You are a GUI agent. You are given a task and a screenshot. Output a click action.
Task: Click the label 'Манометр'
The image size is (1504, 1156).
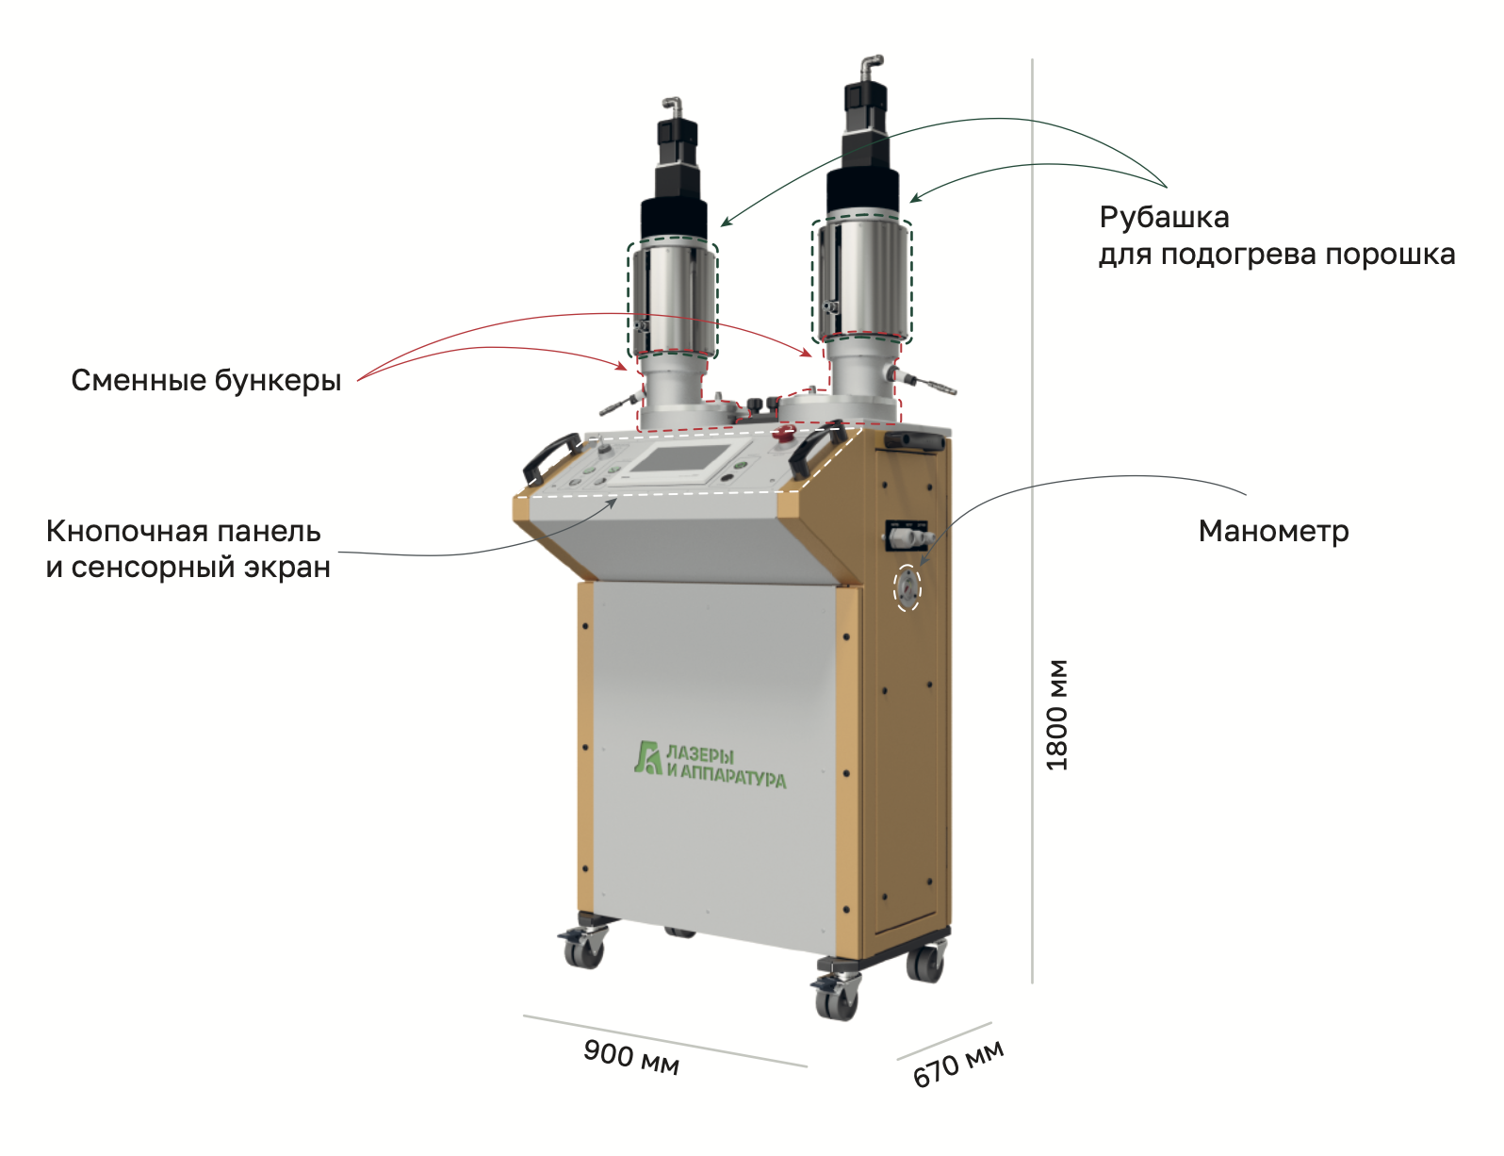point(1273,532)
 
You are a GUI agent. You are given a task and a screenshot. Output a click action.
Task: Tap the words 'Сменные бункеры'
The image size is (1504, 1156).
point(205,381)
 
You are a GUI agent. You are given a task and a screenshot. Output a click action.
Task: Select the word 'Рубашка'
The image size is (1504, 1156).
point(1164,218)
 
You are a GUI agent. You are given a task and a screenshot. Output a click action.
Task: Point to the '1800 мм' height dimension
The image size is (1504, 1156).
point(1058,714)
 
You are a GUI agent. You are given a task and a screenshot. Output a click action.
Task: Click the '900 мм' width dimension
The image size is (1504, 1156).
point(630,1056)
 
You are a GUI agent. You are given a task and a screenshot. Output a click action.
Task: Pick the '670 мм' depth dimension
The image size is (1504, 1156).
point(957,1065)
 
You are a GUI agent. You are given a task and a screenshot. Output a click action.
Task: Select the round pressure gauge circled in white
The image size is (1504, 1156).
point(907,587)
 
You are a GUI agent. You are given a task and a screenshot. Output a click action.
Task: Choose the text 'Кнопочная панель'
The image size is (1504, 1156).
point(183,532)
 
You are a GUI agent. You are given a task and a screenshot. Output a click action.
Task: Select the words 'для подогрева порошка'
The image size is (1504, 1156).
point(1276,255)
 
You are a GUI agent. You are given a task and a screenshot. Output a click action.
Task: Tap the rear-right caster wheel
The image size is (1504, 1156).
point(924,964)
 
